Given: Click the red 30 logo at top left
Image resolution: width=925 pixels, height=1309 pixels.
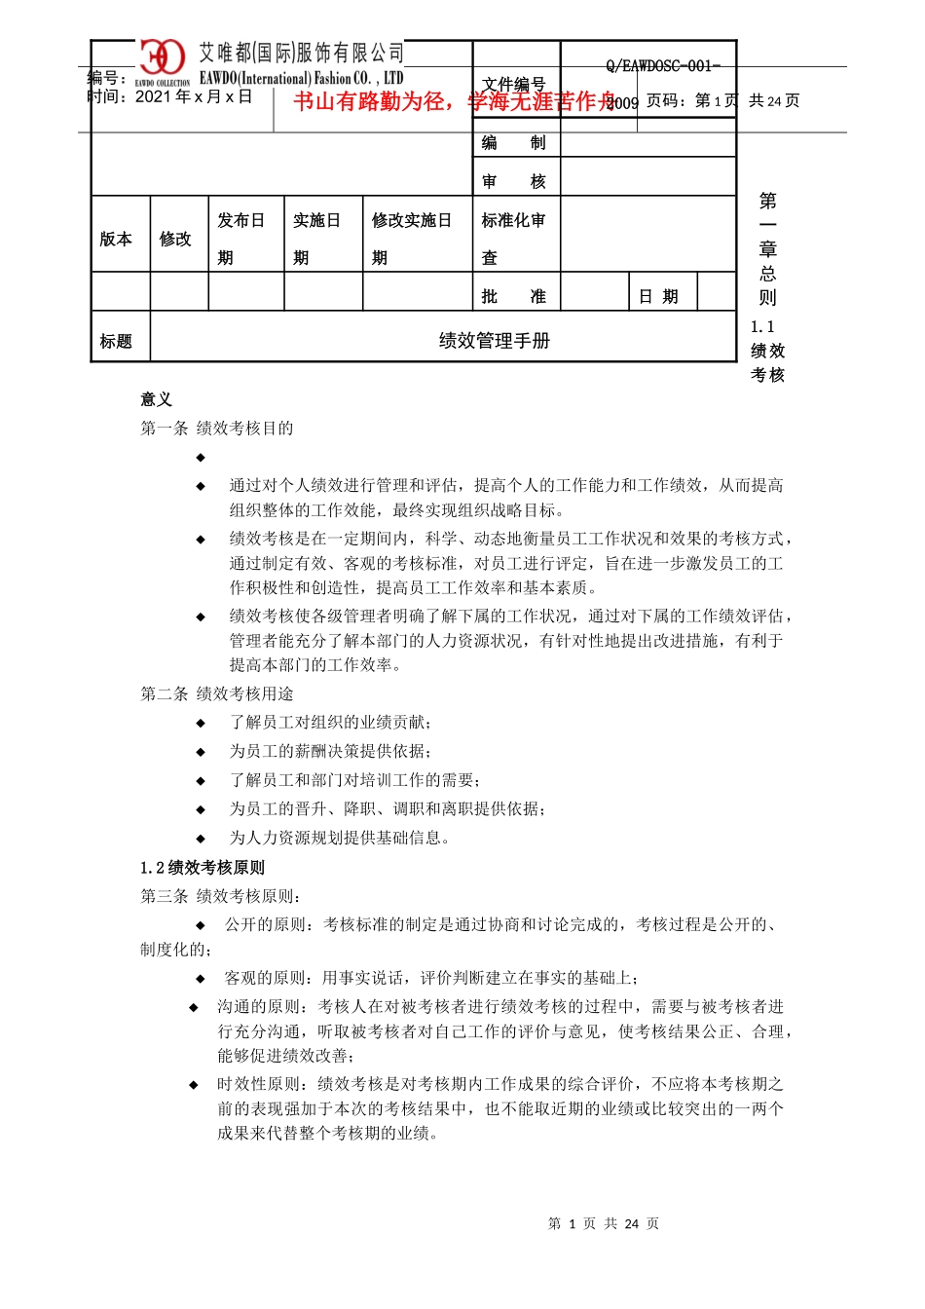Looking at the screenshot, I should point(162,58).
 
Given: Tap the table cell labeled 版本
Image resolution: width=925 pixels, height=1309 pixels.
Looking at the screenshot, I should point(116,239).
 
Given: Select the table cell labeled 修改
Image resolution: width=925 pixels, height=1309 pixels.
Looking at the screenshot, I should point(176,239).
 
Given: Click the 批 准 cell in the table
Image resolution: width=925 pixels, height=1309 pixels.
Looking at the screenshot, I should point(514,296).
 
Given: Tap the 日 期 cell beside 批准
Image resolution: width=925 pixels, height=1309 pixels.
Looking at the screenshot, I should point(659,296).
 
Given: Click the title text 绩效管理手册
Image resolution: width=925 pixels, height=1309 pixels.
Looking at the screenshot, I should point(495,341).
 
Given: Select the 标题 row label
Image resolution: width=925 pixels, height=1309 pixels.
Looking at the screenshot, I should point(116,341).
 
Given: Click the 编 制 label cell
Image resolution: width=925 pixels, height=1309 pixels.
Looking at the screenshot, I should point(514,143).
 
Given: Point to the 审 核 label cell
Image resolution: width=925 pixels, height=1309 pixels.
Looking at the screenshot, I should point(514,181).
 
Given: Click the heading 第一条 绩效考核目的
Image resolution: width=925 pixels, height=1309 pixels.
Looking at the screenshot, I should point(217,429).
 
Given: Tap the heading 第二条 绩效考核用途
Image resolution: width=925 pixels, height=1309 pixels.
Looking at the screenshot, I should point(217,693).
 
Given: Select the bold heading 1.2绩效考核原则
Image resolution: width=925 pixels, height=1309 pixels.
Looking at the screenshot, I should point(203,868).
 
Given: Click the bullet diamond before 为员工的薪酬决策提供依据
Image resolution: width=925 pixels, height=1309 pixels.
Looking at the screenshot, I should point(202,752).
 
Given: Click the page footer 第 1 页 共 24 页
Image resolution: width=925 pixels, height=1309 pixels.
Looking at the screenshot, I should point(604,1223).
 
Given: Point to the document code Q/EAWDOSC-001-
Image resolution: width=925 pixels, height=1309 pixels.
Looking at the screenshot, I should point(663,66).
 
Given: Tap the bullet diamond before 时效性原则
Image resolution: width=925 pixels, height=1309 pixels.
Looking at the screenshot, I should point(195,1084).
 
